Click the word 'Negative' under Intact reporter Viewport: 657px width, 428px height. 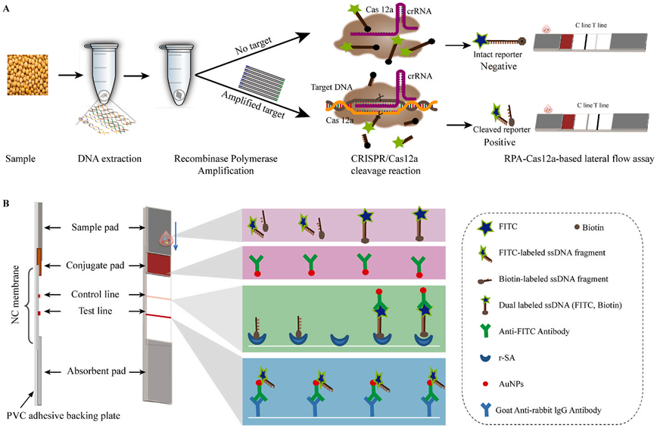(x=497, y=67)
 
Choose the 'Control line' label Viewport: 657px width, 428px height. (x=95, y=293)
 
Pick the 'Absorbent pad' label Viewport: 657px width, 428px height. (x=94, y=371)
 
